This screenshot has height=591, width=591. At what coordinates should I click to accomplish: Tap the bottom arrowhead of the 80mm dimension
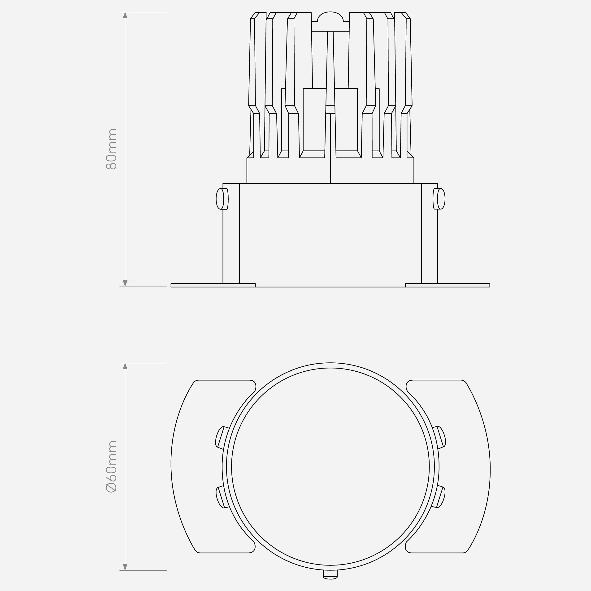pos(125,283)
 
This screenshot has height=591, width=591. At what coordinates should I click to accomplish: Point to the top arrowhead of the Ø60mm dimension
pos(125,366)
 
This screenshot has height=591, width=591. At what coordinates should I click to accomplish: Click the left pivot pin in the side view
pos(222,199)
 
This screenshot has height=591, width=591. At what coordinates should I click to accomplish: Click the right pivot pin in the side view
pos(439,199)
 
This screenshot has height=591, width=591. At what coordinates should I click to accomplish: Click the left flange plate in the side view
pos(213,285)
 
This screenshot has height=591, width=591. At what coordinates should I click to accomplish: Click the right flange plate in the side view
pos(448,285)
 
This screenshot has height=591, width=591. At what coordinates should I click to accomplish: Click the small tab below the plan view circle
pos(330,574)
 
